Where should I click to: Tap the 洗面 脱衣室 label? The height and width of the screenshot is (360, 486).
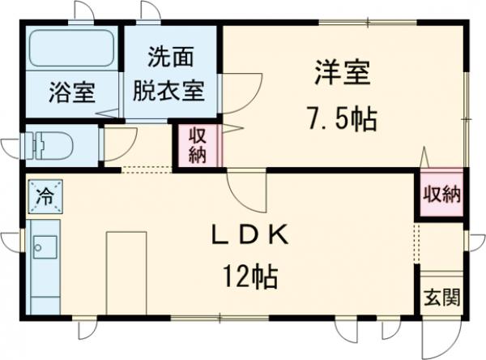click(169, 72)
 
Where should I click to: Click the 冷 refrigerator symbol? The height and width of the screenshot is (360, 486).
click(44, 195)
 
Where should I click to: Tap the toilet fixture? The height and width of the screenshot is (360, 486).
click(50, 145)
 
